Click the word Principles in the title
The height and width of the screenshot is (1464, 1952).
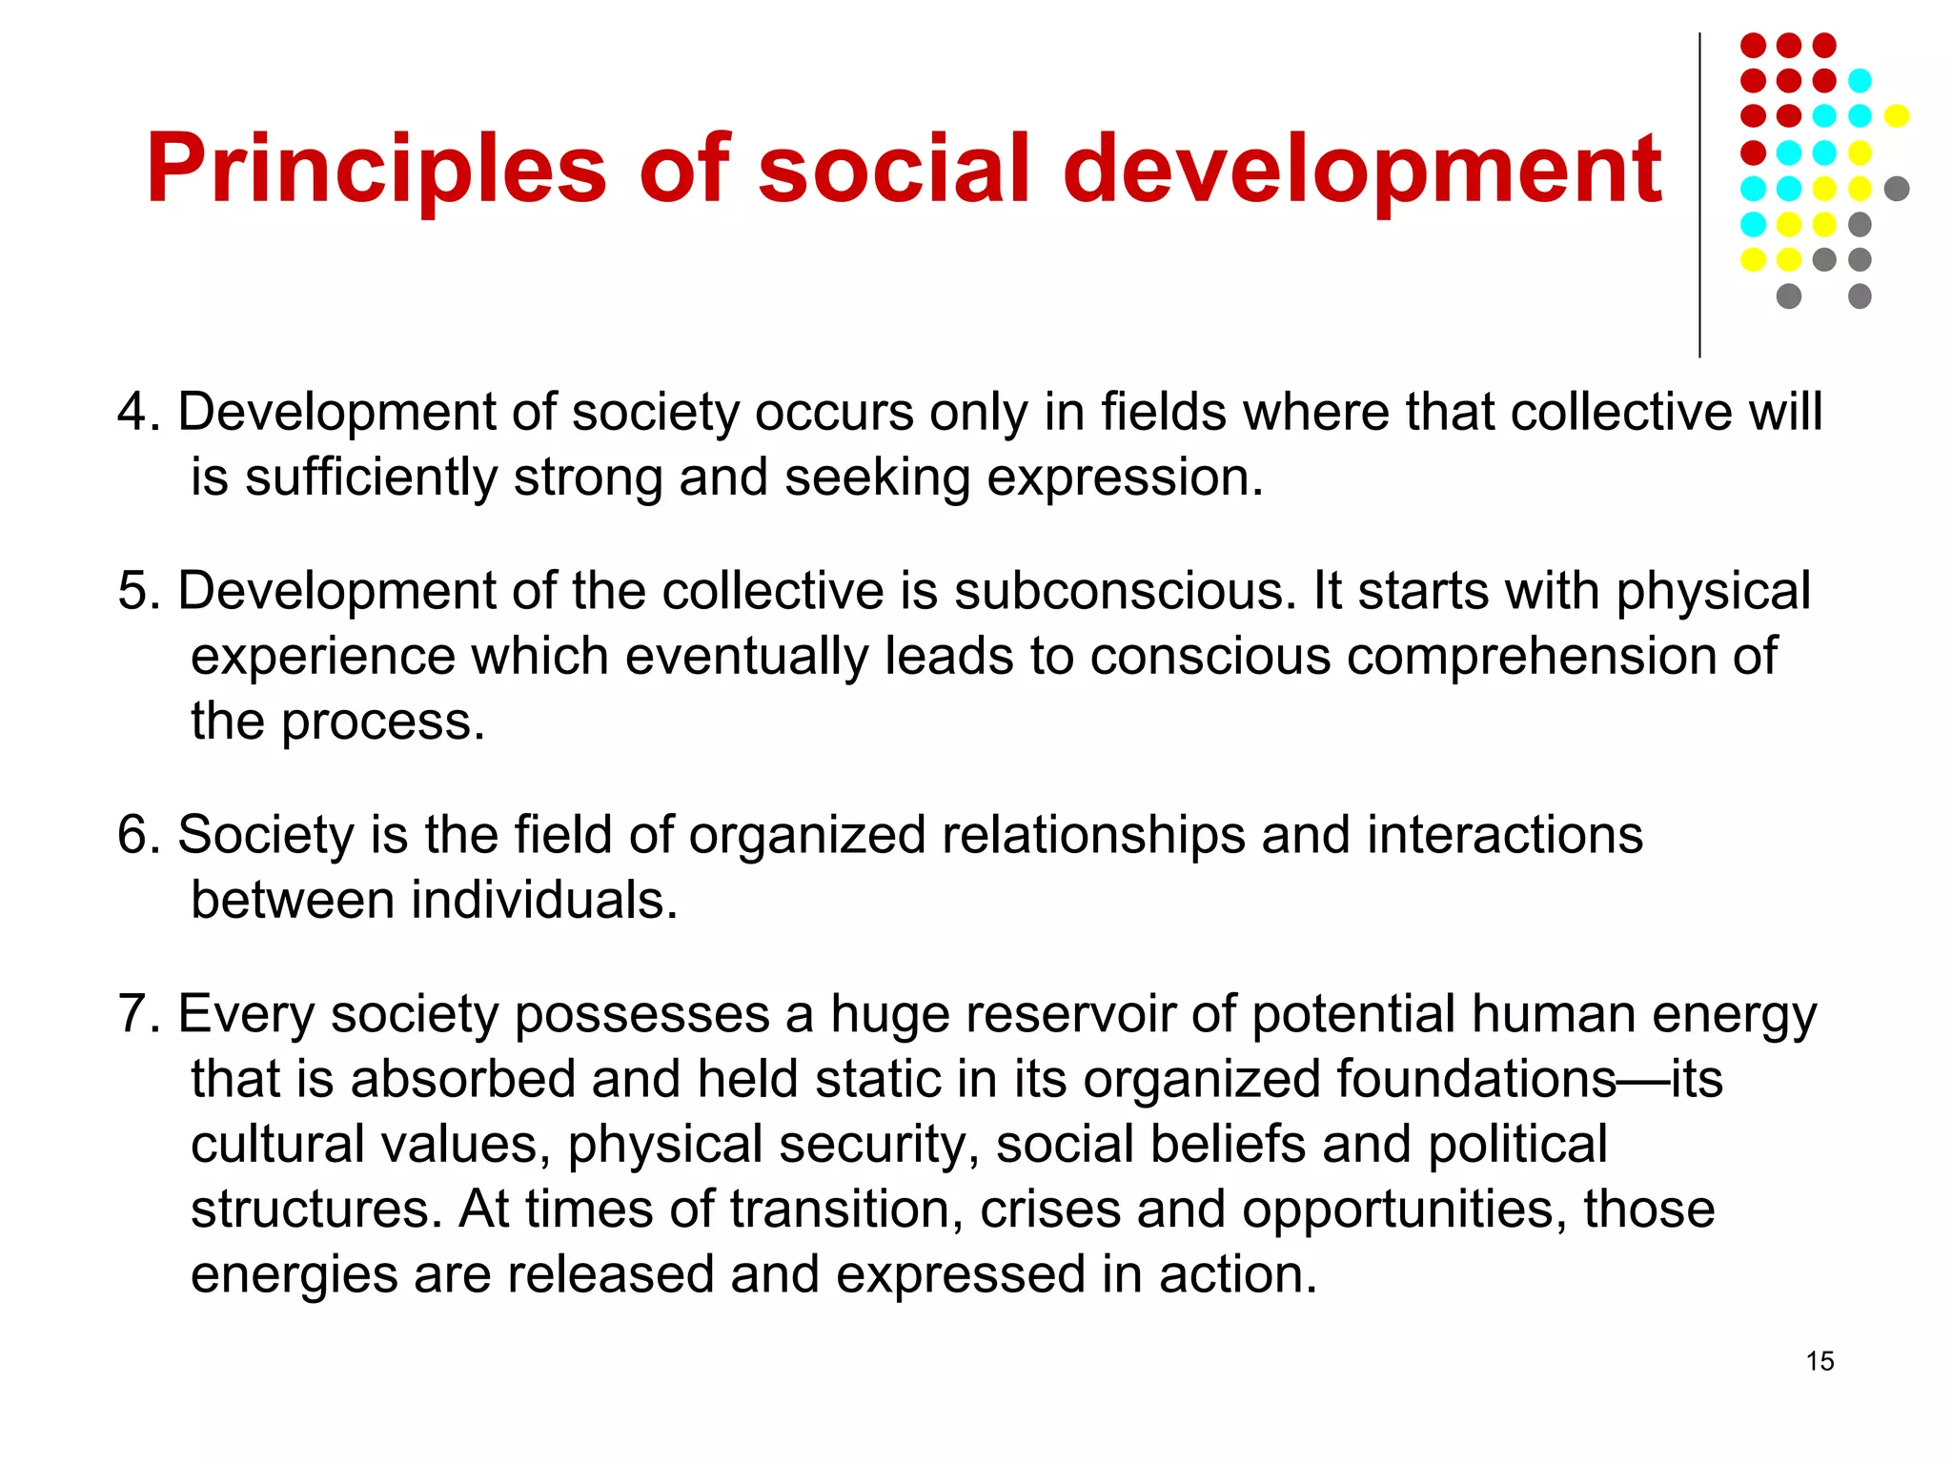376,170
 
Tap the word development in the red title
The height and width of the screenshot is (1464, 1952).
1362,170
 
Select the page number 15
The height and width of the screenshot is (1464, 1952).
1820,1361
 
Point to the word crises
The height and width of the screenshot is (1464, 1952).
1049,1210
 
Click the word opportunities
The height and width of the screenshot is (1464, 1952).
1404,1210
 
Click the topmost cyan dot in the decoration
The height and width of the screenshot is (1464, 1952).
1860,81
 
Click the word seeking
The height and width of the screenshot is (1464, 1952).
877,477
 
